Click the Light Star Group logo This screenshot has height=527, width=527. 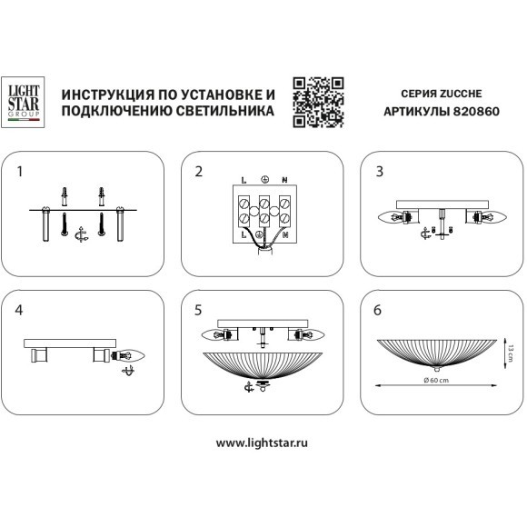(23, 102)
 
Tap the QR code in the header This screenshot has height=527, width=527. (318, 102)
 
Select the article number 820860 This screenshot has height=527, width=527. (476, 111)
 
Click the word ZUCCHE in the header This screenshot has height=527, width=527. (461, 94)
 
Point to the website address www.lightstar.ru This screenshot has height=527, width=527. (262, 442)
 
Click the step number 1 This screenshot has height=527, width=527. (20, 172)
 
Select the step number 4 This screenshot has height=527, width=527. (19, 310)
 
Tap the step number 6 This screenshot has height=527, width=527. (377, 310)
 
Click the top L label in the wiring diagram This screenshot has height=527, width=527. (244, 181)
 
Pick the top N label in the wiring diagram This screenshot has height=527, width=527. (284, 181)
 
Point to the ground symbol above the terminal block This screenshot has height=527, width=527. (264, 180)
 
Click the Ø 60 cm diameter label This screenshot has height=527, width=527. (436, 380)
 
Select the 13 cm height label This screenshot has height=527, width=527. (511, 353)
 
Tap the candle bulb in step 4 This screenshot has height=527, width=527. (128, 355)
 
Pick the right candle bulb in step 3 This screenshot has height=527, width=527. (492, 217)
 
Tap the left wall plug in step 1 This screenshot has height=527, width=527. (65, 196)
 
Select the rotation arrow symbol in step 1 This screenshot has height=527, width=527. (81, 234)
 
